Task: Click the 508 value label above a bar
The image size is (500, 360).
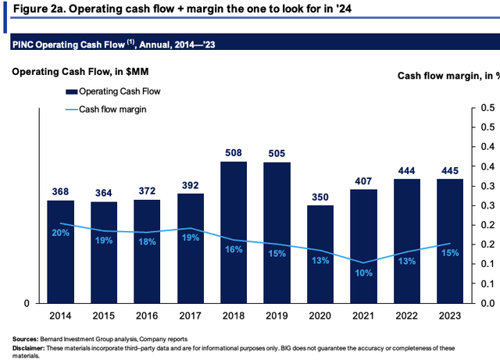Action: click(x=234, y=153)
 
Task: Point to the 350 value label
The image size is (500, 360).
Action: click(x=320, y=197)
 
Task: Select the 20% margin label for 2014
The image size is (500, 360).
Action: click(x=60, y=233)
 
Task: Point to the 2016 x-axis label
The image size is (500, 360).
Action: click(x=147, y=315)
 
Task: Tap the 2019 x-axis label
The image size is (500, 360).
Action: click(x=277, y=315)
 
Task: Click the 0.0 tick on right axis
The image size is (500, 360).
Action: click(x=482, y=303)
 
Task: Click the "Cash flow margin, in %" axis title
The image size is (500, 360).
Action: click(x=445, y=75)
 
